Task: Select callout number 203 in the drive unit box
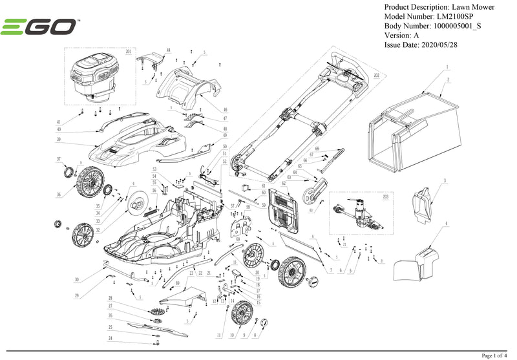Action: pyautogui.click(x=386, y=196)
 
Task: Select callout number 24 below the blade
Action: pyautogui.click(x=111, y=339)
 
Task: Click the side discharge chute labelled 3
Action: pyautogui.click(x=423, y=201)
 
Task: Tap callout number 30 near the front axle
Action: pyautogui.click(x=76, y=280)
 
